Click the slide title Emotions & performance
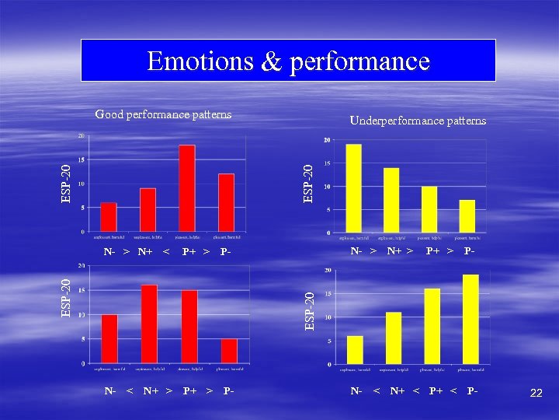pyautogui.click(x=288, y=61)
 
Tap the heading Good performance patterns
pyautogui.click(x=163, y=114)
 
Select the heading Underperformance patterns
pyautogui.click(x=418, y=121)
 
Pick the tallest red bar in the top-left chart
pyautogui.click(x=186, y=188)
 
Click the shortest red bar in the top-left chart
pyautogui.click(x=109, y=217)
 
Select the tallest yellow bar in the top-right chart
pyautogui.click(x=354, y=188)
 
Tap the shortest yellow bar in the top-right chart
pyautogui.click(x=467, y=216)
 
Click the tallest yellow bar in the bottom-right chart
pyautogui.click(x=470, y=319)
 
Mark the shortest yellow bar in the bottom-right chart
pyautogui.click(x=355, y=350)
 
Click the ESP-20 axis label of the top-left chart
pyautogui.click(x=68, y=183)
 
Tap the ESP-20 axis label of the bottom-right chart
pyautogui.click(x=310, y=310)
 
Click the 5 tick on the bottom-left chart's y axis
pyautogui.click(x=83, y=338)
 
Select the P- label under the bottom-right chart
pyautogui.click(x=472, y=390)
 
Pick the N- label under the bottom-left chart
pyautogui.click(x=110, y=390)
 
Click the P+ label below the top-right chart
pyautogui.click(x=434, y=251)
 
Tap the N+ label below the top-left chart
pyautogui.click(x=145, y=251)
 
